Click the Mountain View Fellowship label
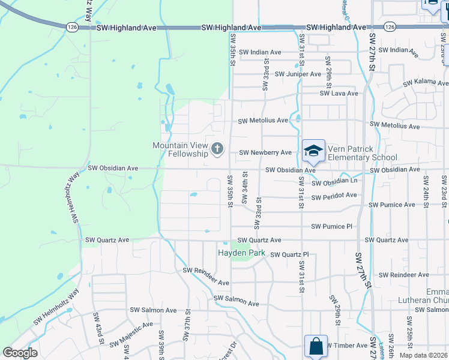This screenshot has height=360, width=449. click(x=180, y=149)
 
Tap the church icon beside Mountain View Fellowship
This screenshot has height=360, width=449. click(x=217, y=148)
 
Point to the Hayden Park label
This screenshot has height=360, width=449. click(x=241, y=253)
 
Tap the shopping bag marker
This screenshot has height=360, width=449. click(x=316, y=346)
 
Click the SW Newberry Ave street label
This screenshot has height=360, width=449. click(x=265, y=153)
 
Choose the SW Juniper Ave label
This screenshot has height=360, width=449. click(x=298, y=74)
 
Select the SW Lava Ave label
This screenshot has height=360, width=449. click(x=339, y=94)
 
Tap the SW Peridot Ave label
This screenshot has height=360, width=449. click(x=334, y=196)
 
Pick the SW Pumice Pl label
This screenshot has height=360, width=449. click(x=332, y=226)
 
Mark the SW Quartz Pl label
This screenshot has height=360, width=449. click(x=289, y=254)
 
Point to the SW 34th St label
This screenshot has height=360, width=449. click(x=245, y=187)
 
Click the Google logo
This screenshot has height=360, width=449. click(x=20, y=353)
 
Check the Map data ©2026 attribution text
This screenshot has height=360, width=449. click(x=423, y=355)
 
